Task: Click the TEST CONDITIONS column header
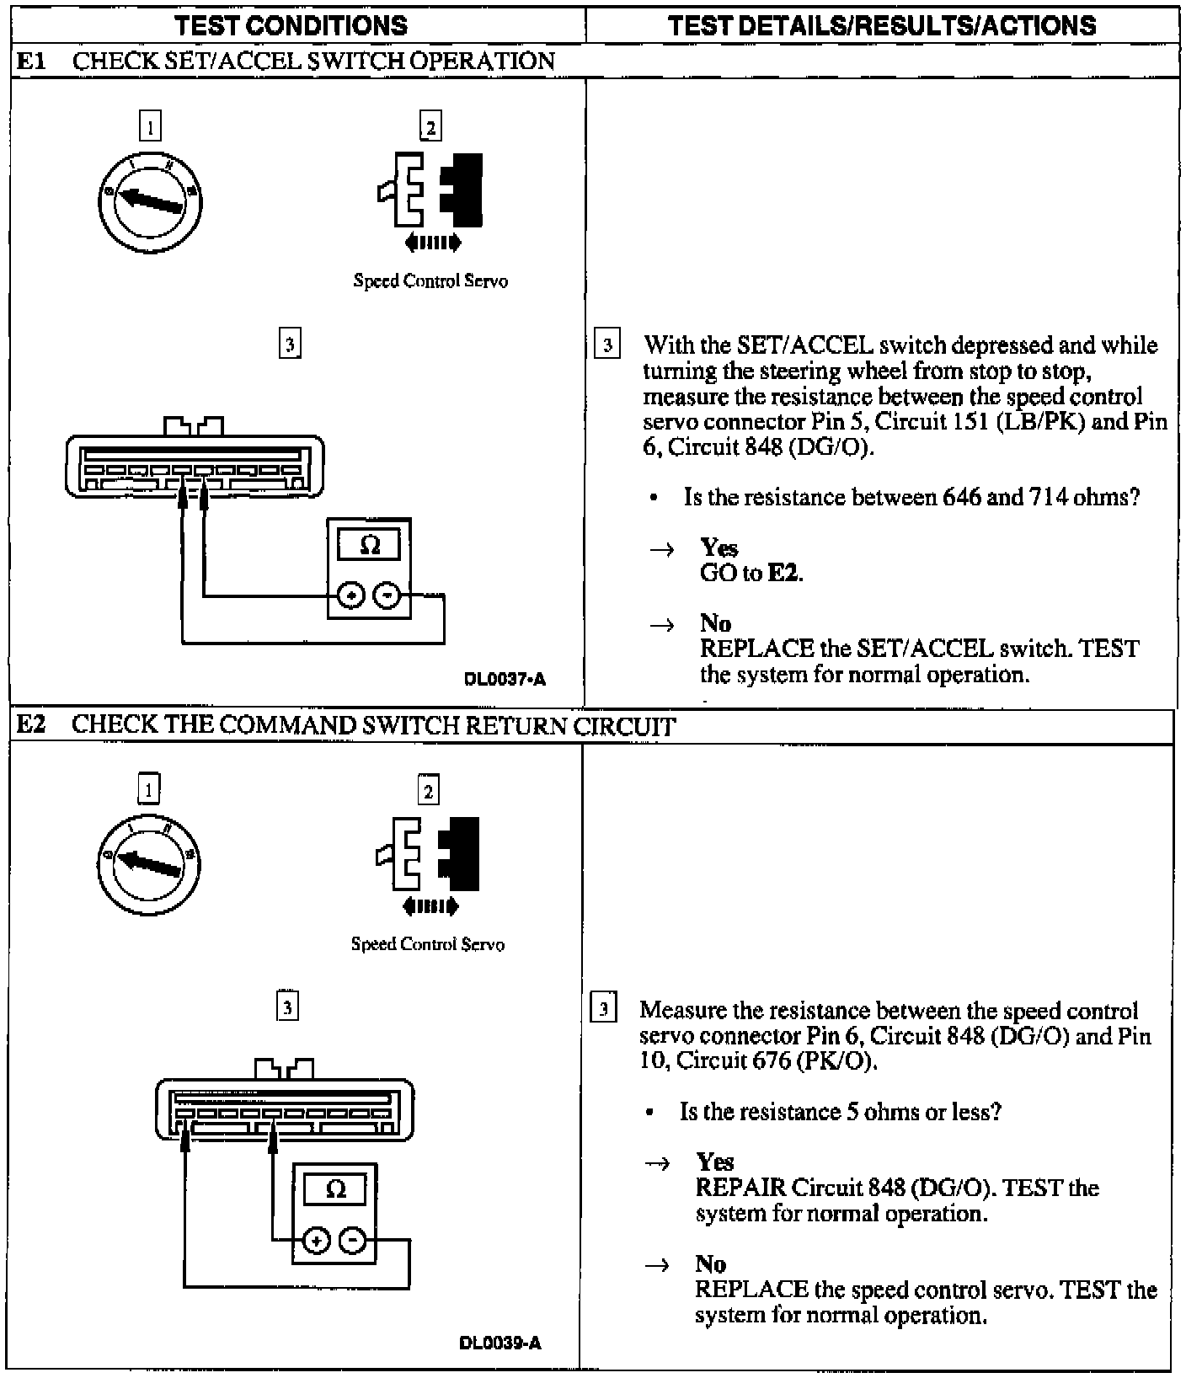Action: (291, 25)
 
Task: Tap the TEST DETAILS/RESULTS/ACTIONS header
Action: (882, 25)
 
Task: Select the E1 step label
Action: (30, 61)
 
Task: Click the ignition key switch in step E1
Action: (150, 201)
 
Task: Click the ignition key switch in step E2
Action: (148, 864)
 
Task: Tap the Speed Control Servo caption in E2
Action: (428, 944)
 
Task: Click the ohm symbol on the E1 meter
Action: (369, 546)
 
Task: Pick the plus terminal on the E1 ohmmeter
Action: (350, 596)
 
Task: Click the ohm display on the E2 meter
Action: (335, 1190)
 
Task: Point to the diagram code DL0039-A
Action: (501, 1343)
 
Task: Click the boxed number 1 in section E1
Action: (150, 126)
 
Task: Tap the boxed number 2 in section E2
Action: (428, 791)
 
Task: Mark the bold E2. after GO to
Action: (785, 574)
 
